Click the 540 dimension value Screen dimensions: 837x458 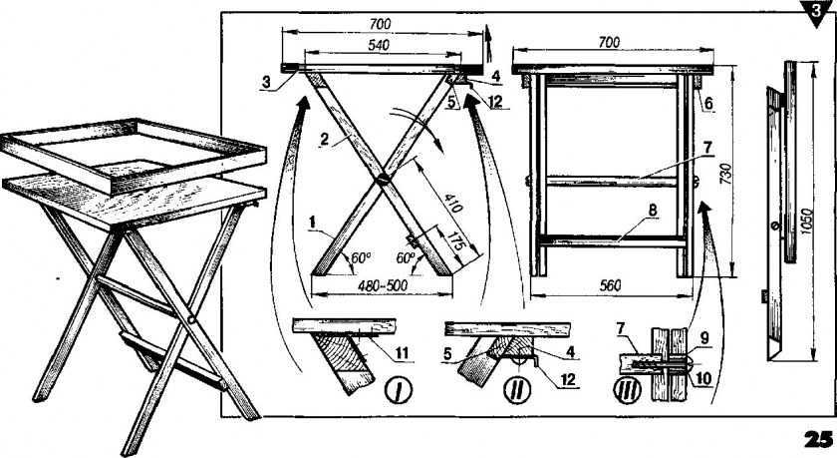point(379,45)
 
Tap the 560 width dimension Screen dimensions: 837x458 point(610,285)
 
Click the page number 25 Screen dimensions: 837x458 point(818,438)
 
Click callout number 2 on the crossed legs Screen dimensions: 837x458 point(325,140)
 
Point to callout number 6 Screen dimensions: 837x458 point(707,103)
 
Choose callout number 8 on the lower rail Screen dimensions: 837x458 point(652,212)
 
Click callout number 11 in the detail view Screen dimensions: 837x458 point(402,352)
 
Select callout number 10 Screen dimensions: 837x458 point(704,378)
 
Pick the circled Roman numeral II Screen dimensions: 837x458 point(517,390)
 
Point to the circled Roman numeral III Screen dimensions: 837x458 point(627,390)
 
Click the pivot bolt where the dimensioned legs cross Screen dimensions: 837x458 point(383,180)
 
